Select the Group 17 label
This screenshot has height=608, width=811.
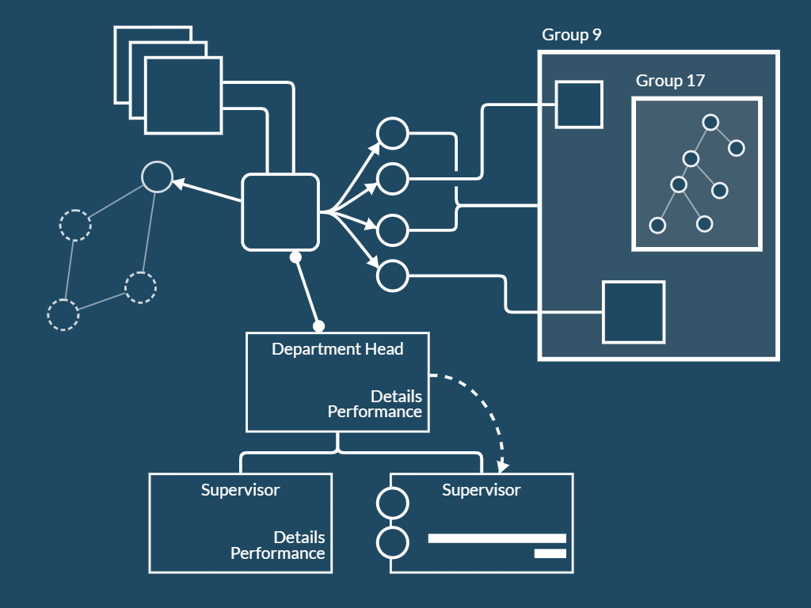(670, 81)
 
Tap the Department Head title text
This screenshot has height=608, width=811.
(337, 349)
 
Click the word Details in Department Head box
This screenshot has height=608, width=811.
(396, 396)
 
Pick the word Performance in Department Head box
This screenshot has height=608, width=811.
(375, 412)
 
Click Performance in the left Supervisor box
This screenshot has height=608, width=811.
(277, 553)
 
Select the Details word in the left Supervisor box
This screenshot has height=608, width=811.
(299, 538)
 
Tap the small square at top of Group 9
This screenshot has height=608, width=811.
(579, 104)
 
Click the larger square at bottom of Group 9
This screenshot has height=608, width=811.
(634, 312)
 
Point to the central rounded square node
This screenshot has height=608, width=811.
(280, 212)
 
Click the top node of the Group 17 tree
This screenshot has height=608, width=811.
(710, 123)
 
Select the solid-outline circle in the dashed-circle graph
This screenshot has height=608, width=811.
(157, 177)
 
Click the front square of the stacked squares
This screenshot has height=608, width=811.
(183, 94)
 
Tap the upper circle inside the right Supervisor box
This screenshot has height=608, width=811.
(393, 503)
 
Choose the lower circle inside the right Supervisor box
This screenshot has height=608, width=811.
(393, 542)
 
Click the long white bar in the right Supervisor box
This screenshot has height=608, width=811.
(497, 538)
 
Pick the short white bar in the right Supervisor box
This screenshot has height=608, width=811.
(550, 553)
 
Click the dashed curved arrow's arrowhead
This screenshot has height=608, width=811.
(502, 466)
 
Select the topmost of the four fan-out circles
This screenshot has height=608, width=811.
(392, 133)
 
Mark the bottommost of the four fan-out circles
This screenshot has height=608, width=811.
(392, 275)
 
